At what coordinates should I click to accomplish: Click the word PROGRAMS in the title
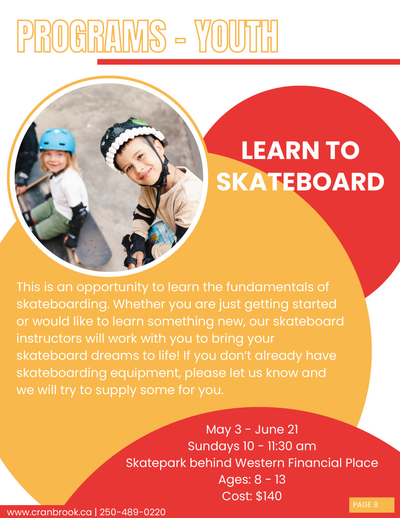point(91,36)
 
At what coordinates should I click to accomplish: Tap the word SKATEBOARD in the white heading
point(300,182)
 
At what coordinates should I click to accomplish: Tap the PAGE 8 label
point(365,505)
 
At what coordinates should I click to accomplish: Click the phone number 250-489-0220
point(132,512)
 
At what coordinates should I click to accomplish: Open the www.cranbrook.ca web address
point(49,512)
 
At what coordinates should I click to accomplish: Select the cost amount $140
point(269,496)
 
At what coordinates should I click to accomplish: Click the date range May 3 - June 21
point(252,430)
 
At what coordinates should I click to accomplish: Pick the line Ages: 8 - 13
point(252,479)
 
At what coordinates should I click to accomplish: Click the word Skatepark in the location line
point(156,463)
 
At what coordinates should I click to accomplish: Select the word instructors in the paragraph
point(49,338)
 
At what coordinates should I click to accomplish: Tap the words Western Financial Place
point(307,463)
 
